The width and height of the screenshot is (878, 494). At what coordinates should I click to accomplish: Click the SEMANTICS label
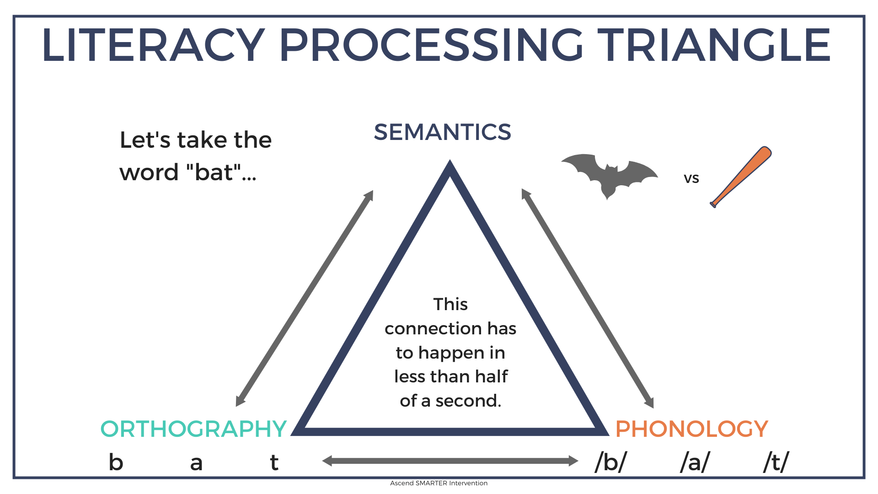pyautogui.click(x=442, y=132)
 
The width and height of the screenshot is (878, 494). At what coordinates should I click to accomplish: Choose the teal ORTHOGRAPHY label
pyautogui.click(x=193, y=429)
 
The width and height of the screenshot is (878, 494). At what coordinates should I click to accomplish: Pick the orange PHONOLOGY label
pyautogui.click(x=691, y=429)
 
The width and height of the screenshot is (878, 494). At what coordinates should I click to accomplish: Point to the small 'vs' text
pyautogui.click(x=691, y=178)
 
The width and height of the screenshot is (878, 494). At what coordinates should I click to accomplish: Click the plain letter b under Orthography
pyautogui.click(x=116, y=462)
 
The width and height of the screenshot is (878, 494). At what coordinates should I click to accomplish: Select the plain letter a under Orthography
pyautogui.click(x=196, y=463)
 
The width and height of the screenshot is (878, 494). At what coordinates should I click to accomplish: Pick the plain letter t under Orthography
pyautogui.click(x=274, y=462)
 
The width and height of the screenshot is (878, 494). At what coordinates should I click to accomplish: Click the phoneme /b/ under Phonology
pyautogui.click(x=611, y=462)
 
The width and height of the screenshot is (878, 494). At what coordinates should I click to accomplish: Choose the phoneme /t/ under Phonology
pyautogui.click(x=776, y=462)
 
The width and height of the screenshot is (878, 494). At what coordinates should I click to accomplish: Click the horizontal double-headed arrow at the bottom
pyautogui.click(x=450, y=461)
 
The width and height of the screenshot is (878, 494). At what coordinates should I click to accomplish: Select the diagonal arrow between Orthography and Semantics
pyautogui.click(x=305, y=298)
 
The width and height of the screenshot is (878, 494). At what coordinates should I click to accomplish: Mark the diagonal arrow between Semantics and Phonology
pyautogui.click(x=588, y=298)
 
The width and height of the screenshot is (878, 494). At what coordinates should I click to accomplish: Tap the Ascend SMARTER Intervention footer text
pyautogui.click(x=439, y=483)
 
